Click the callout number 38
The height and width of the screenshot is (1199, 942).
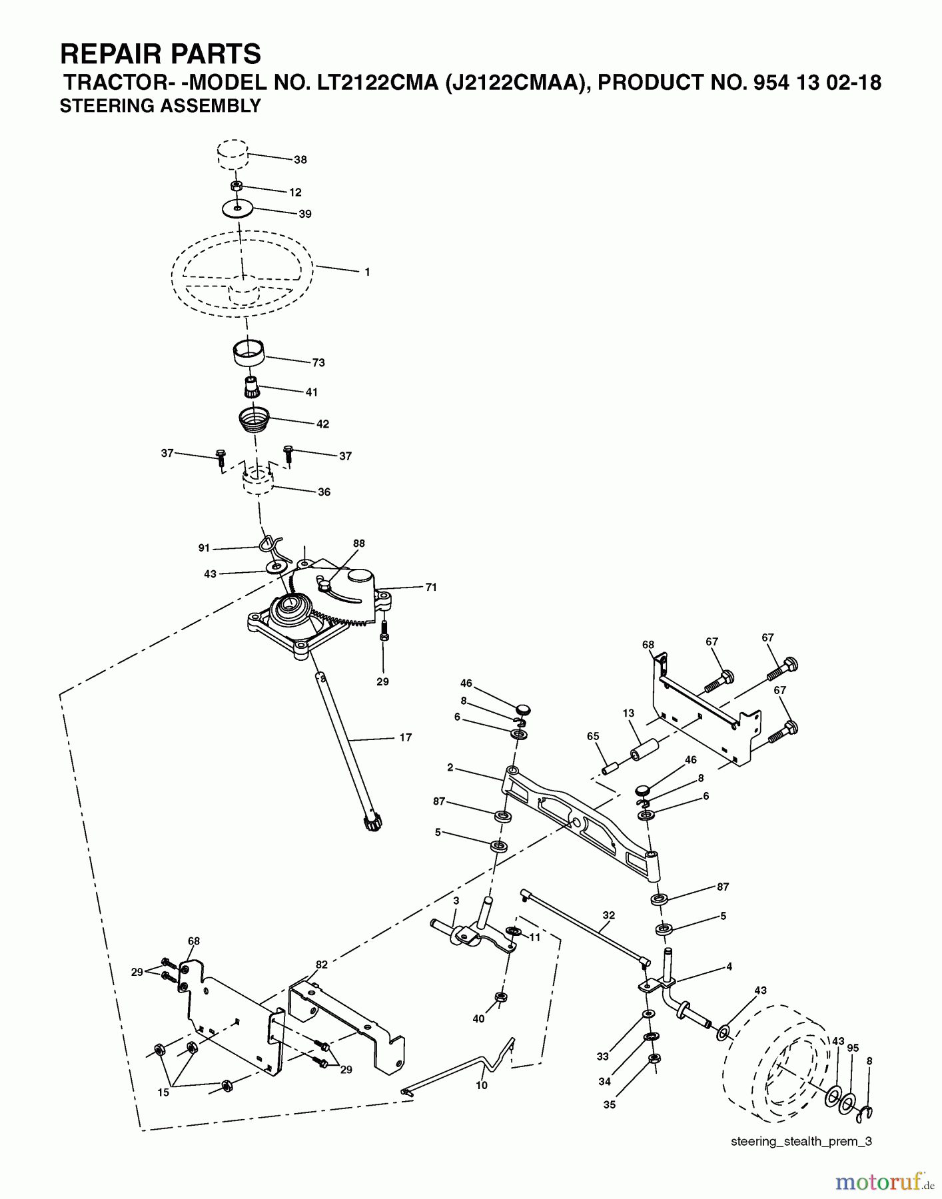[300, 160]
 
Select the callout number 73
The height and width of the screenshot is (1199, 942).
[318, 363]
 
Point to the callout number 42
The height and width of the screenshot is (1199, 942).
[322, 424]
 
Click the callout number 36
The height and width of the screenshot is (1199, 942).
[324, 492]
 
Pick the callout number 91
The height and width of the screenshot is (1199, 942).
[204, 548]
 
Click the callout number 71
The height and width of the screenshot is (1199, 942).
[431, 588]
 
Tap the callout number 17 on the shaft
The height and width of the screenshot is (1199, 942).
[405, 737]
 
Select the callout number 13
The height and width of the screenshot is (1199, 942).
[628, 713]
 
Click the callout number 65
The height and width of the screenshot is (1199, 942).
[593, 737]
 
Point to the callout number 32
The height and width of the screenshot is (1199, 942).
[608, 915]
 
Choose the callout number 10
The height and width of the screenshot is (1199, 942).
[482, 1085]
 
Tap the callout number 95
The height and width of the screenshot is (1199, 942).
[853, 1048]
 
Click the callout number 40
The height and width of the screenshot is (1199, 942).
[478, 1018]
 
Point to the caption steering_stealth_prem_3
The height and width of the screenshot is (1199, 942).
[801, 1141]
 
